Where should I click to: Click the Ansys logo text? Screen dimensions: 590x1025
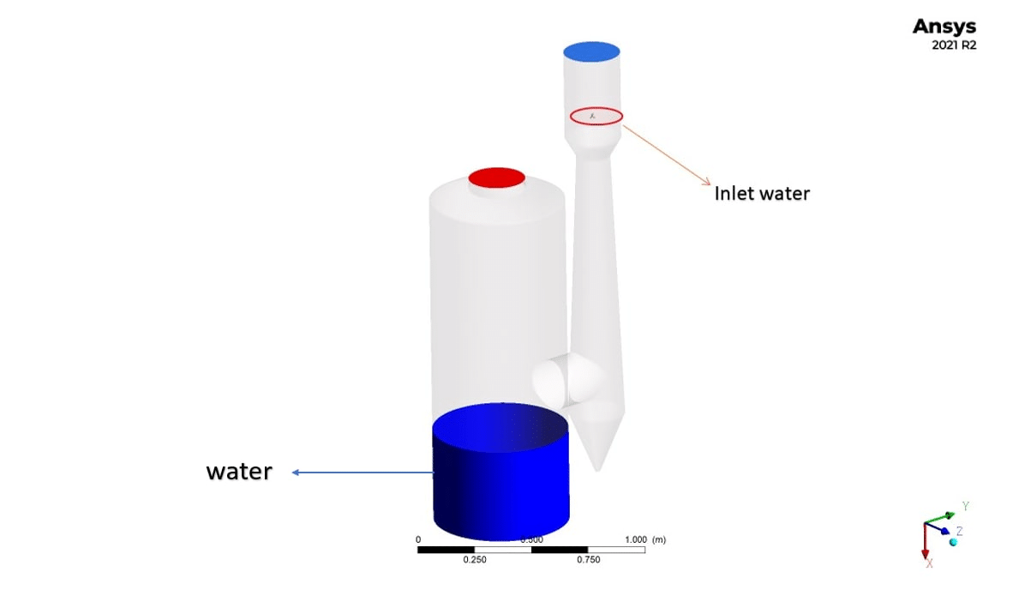tap(944, 27)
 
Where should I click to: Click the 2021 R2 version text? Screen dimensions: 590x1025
tap(953, 45)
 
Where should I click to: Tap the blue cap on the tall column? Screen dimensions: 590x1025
tap(591, 51)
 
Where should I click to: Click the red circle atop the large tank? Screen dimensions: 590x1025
tap(496, 178)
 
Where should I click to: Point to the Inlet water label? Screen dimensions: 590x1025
tap(762, 194)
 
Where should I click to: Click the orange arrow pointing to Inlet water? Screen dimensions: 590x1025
tap(666, 155)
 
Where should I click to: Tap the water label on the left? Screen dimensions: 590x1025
tap(238, 472)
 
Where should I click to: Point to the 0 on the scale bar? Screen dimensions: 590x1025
tap(418, 539)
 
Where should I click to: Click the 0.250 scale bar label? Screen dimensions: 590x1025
tap(475, 560)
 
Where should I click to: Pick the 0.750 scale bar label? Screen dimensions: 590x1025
tap(588, 560)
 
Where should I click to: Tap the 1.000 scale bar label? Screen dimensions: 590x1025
tap(635, 539)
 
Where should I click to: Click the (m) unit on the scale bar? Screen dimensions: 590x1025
tap(659, 539)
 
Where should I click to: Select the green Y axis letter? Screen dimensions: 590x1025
tap(965, 506)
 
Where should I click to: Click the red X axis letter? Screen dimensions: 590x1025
tap(929, 563)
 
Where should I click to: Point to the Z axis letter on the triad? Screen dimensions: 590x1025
tap(960, 531)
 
